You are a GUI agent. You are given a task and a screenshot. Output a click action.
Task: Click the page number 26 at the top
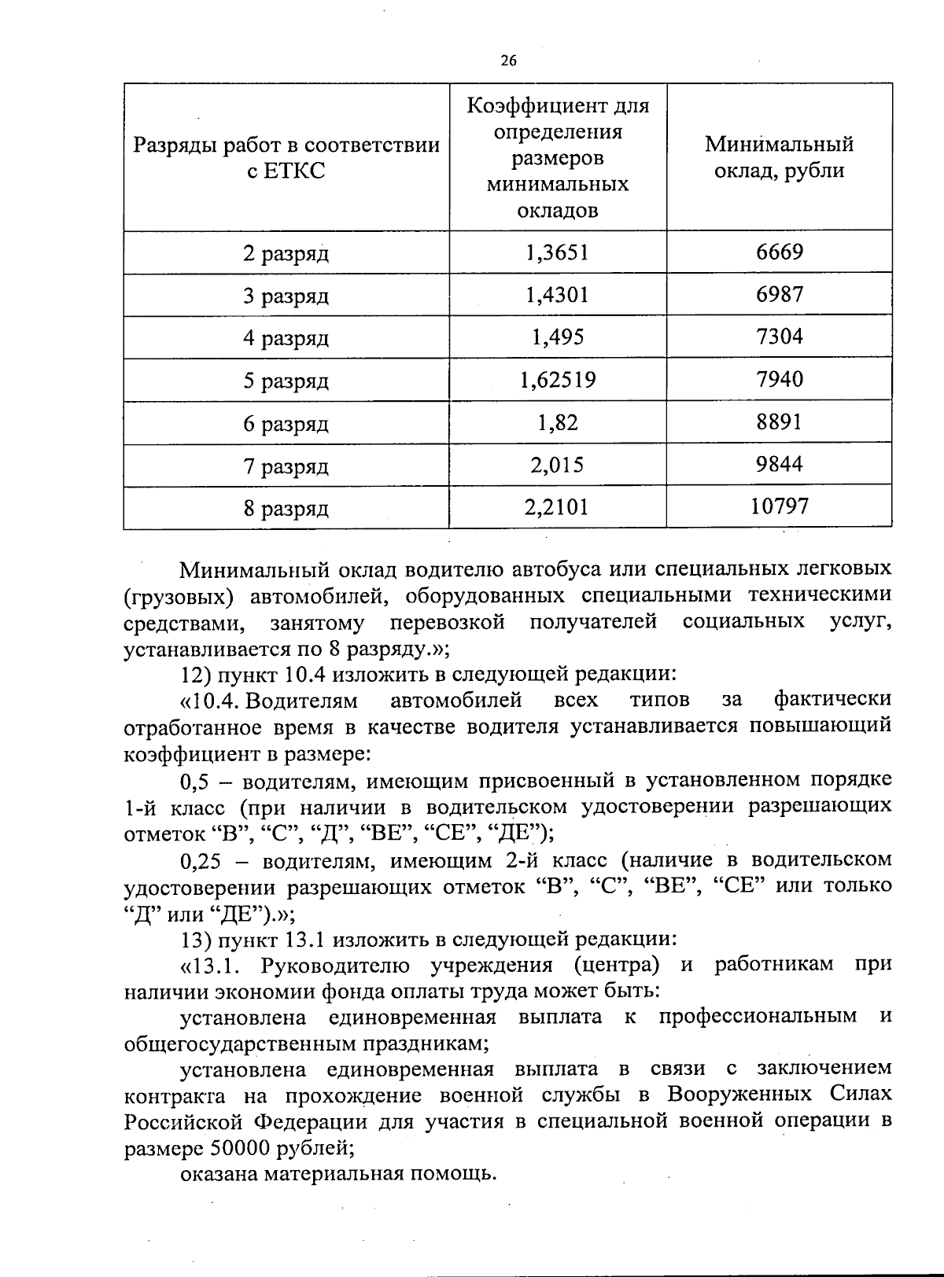coord(508,61)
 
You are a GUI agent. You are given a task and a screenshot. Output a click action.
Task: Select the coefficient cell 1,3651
coord(557,252)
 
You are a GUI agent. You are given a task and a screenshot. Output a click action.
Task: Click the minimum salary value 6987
coord(779,294)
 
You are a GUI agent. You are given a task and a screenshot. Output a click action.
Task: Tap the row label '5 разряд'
coord(286,381)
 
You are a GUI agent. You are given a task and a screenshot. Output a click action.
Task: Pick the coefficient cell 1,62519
coord(557,381)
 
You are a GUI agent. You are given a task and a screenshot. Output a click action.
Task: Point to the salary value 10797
coord(779,506)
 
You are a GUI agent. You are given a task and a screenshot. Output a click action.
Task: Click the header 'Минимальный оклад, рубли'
coord(779,157)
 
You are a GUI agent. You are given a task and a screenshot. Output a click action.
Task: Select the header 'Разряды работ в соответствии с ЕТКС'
coord(286,157)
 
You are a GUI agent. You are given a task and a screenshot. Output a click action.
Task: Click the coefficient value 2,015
coord(557,465)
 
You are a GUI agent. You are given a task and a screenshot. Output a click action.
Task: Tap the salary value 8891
coord(779,422)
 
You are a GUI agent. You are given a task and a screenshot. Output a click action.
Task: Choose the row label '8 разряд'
coord(286,509)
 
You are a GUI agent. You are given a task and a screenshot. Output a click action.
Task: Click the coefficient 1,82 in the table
coord(557,423)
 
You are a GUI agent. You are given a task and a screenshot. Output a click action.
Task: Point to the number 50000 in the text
coord(241,1148)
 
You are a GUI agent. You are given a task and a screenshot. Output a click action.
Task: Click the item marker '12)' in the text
coord(195,674)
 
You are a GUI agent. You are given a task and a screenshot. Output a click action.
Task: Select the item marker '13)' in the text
coord(195,939)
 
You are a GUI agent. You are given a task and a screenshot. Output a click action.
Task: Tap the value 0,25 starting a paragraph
coord(201,860)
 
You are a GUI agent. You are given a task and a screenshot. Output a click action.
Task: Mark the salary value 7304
coord(779,337)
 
